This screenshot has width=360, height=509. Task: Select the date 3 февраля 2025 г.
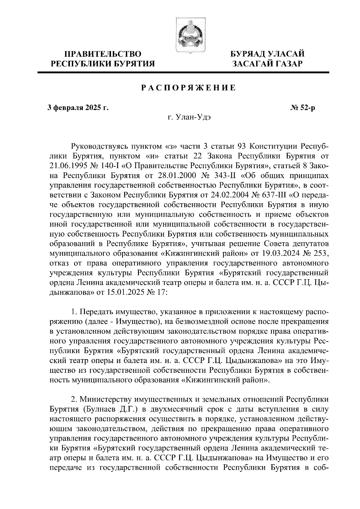[78, 107]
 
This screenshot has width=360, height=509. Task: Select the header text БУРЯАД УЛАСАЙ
[267, 54]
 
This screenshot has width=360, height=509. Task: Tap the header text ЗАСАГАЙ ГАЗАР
[267, 64]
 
